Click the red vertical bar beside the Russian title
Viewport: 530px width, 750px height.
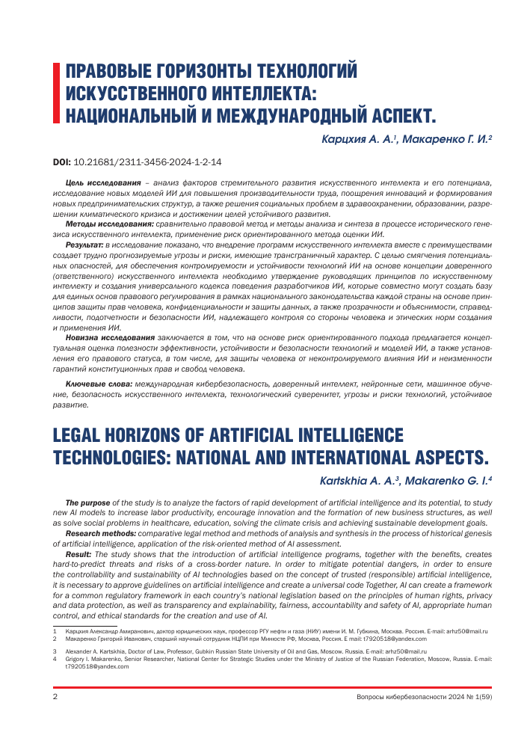tap(55, 93)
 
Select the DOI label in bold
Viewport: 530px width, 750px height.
tap(61, 161)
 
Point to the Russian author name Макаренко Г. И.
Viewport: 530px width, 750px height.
tap(444, 139)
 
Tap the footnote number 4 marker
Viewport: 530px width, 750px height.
tap(55, 659)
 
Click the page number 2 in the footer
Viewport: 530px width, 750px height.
tap(55, 698)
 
